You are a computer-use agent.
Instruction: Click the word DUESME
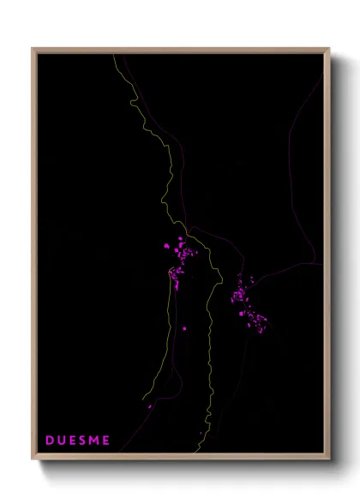click(78, 441)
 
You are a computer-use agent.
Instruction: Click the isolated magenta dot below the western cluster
click(184, 327)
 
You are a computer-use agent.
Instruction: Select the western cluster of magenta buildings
click(180, 261)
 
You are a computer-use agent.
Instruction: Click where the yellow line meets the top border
click(114, 54)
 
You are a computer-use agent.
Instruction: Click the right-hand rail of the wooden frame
click(327, 257)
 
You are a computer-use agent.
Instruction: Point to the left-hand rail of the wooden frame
click(33, 257)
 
